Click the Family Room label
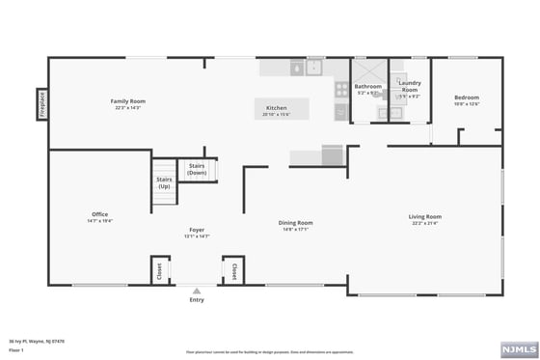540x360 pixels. [x=126, y=100]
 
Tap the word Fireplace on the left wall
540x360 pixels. [x=42, y=105]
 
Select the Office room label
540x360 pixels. [x=99, y=214]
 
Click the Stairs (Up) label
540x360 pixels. [x=164, y=182]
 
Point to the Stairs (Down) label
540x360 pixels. [x=197, y=168]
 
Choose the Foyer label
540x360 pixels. [x=197, y=230]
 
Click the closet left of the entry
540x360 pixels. [x=159, y=271]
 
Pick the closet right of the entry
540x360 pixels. [x=231, y=271]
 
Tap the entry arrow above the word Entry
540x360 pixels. [x=197, y=291]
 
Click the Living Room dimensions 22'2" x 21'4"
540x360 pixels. [x=425, y=223]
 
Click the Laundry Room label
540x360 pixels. [x=410, y=86]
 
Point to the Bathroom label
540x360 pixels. [x=368, y=87]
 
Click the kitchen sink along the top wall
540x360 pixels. [x=314, y=68]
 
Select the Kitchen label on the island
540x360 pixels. [x=276, y=107]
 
